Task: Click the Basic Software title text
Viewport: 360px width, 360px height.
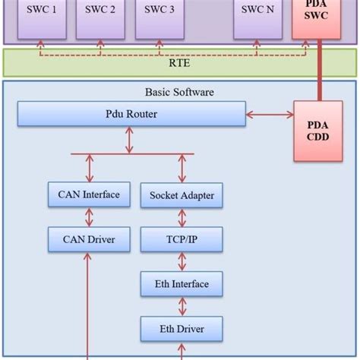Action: coord(179,92)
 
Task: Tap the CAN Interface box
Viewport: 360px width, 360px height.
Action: coord(89,195)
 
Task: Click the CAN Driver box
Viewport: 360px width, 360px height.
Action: coord(89,240)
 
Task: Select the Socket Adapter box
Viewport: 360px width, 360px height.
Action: coord(182,196)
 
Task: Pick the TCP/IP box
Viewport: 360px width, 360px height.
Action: coord(182,240)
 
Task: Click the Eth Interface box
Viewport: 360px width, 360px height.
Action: coord(182,284)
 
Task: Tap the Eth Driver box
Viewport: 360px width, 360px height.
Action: coord(182,329)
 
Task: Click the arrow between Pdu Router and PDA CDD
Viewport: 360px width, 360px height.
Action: coord(269,116)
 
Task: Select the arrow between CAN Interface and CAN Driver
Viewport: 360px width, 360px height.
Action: coord(89,217)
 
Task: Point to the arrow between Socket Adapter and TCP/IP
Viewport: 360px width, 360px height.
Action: coord(182,218)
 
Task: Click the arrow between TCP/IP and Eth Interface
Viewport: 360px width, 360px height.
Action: coord(182,262)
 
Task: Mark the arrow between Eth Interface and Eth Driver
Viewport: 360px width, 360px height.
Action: coord(182,307)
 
